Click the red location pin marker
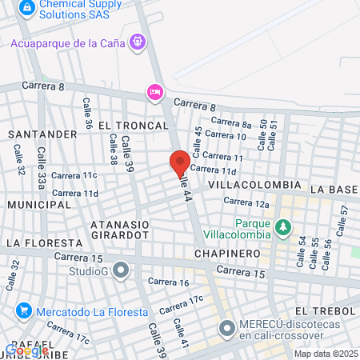[180, 163]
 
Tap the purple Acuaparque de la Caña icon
[138, 39]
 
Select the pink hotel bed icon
[154, 93]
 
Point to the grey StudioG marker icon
[121, 270]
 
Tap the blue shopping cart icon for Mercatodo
[24, 310]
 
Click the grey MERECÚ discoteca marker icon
[227, 327]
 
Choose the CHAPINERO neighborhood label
[227, 253]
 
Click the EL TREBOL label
[324, 310]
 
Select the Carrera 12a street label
[246, 203]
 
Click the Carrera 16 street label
[168, 282]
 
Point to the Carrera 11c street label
[74, 175]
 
